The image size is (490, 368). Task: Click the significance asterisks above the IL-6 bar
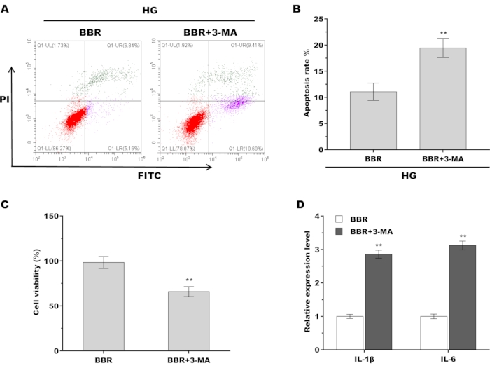(463, 236)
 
